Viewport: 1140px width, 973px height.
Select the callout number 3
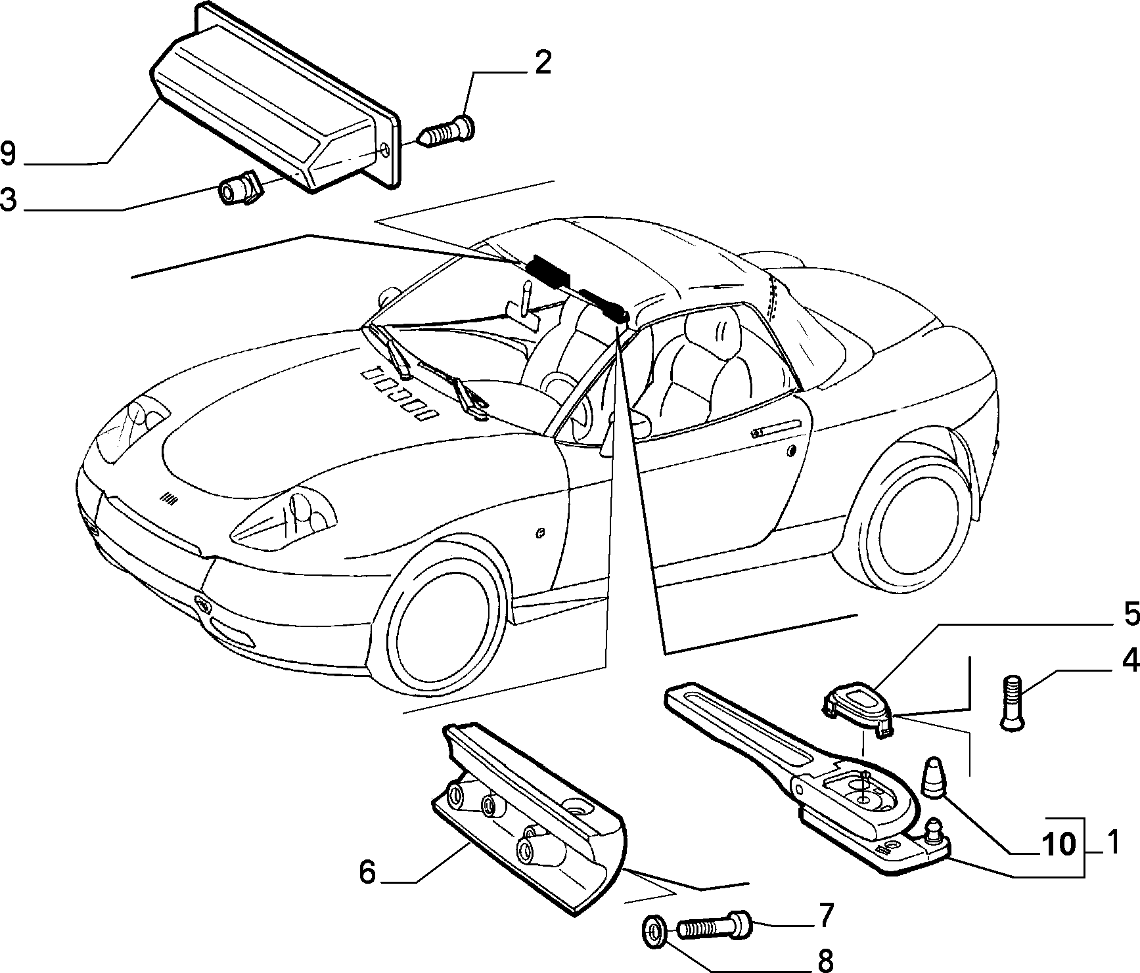(x=9, y=200)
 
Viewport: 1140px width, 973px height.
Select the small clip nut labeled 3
(x=240, y=191)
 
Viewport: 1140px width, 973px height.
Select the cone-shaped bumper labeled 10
(x=934, y=777)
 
